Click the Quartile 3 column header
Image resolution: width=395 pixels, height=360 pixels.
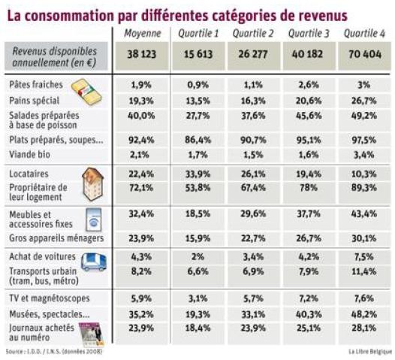coord(309,33)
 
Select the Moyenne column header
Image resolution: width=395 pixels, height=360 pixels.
coord(143,33)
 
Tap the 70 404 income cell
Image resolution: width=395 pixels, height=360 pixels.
coord(365,54)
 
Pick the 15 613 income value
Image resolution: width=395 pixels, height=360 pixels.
coord(198,54)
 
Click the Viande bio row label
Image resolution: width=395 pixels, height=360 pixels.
coord(29,154)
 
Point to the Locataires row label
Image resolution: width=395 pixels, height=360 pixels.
coord(29,174)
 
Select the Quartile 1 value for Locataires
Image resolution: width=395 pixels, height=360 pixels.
coord(197,174)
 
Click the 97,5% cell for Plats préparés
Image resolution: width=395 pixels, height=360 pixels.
coord(364,140)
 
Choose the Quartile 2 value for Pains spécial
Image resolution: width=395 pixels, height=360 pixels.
coord(253,101)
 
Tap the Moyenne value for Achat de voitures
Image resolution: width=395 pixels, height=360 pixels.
coord(141,257)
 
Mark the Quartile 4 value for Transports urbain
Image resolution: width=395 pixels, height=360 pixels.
coord(364,271)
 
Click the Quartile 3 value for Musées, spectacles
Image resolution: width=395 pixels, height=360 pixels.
coord(309,314)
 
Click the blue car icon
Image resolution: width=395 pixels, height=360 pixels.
coord(94,262)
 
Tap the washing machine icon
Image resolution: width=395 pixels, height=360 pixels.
coord(93,219)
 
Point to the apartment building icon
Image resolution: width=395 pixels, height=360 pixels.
coord(92,184)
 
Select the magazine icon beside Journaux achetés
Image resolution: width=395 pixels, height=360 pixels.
coord(92,334)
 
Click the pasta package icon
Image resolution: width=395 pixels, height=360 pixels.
coord(86,92)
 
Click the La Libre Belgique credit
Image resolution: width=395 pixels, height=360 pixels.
coord(370,351)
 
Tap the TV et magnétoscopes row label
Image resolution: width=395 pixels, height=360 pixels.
coord(50,298)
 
